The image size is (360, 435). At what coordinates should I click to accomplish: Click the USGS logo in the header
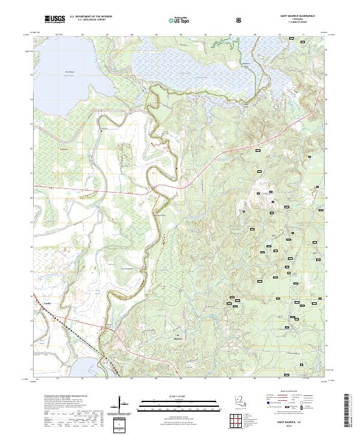[55, 19]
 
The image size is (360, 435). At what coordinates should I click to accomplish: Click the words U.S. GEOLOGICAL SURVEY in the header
[91, 20]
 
